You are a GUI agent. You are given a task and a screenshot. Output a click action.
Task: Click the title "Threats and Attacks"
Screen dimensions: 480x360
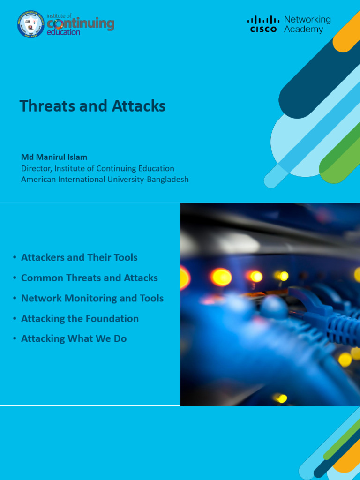pos(92,106)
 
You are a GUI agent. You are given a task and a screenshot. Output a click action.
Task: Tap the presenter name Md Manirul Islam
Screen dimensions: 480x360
pos(54,157)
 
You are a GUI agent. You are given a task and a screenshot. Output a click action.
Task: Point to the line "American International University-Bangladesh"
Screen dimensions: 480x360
pos(105,180)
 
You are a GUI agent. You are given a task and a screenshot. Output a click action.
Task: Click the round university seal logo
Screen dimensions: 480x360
pos(30,24)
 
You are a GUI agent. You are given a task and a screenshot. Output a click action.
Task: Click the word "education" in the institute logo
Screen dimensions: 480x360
pos(64,33)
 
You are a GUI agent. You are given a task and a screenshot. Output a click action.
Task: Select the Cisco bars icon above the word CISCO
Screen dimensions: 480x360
pos(263,20)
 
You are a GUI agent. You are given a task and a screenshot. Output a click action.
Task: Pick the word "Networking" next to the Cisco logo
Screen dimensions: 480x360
pos(307,19)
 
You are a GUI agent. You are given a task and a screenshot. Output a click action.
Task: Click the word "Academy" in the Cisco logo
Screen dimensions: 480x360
pos(303,30)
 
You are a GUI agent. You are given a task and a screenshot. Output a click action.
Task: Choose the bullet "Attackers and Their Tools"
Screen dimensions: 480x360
pos(79,257)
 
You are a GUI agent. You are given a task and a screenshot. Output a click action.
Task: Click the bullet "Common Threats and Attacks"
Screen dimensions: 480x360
pos(89,277)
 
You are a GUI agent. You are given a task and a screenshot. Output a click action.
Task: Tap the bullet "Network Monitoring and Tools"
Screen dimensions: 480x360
pos(92,298)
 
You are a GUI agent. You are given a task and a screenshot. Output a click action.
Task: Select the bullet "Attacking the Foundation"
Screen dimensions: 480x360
pos(80,318)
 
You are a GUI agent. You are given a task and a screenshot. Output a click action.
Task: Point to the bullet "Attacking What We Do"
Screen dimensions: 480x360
pos(74,338)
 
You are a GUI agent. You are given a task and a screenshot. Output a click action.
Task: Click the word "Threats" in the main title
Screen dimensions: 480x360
pos(41,106)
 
